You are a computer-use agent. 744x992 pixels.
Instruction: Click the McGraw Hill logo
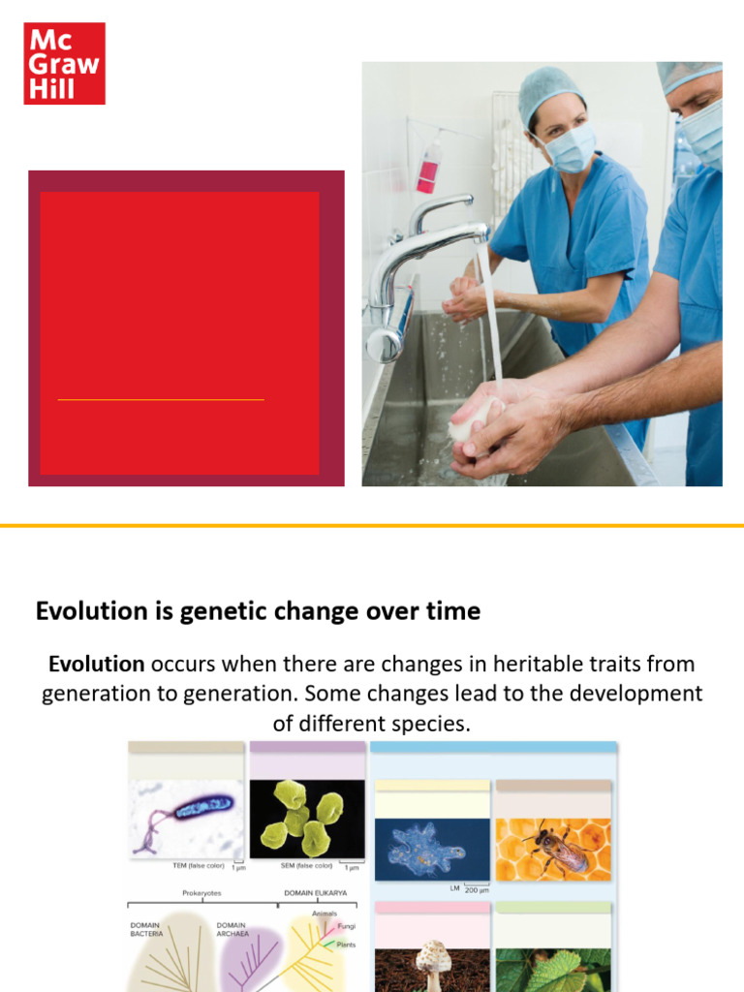click(x=64, y=63)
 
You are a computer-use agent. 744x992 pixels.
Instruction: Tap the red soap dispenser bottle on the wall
click(x=428, y=165)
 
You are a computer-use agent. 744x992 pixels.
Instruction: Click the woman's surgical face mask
click(x=570, y=147)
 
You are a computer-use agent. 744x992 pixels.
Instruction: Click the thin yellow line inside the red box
click(x=161, y=399)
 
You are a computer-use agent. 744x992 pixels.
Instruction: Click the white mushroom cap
click(x=430, y=954)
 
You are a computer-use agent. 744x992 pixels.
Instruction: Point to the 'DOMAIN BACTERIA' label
click(x=147, y=930)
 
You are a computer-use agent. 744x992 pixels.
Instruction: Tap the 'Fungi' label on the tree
click(x=346, y=926)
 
